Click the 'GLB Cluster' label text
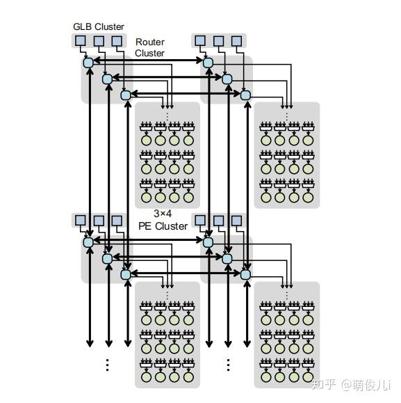tap(99, 26)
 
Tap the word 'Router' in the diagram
tap(149, 42)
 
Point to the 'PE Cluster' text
tap(163, 226)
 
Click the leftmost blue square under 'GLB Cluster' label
tap(81, 41)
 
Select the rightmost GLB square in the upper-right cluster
tap(237, 41)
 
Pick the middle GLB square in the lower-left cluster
tap(99, 221)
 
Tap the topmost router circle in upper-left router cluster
tap(88, 63)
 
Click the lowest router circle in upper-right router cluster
tap(245, 95)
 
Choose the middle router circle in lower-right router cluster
tap(227, 259)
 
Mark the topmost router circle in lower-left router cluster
tap(88, 242)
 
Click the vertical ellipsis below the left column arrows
tap(107, 365)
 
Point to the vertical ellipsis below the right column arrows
tap(228, 365)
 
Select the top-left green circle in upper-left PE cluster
tap(146, 140)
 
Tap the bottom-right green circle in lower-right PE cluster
tap(308, 377)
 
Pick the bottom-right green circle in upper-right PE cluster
tap(308, 198)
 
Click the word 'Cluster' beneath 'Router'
tap(149, 53)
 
